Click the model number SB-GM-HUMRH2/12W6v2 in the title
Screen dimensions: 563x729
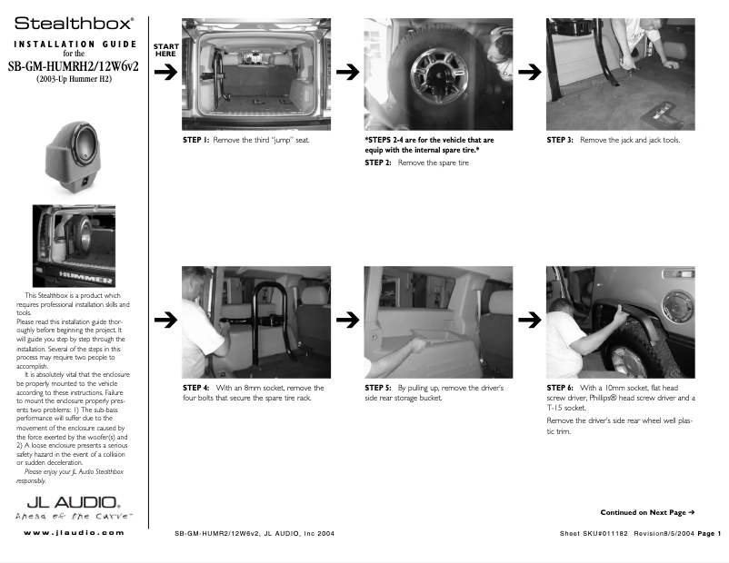74,66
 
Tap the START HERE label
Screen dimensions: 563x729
165,50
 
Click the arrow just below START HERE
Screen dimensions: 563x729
165,74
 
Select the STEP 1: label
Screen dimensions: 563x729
195,141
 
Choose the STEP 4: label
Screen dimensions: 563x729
196,388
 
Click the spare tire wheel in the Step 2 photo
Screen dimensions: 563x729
435,72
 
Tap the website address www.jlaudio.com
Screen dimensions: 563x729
74,532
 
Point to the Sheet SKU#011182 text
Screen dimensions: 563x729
594,532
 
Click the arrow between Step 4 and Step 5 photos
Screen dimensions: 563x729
346,319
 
